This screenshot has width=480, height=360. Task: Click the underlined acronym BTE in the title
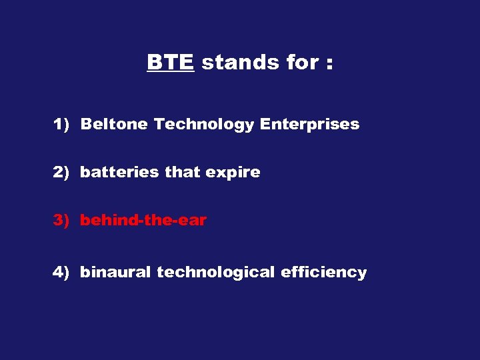(x=170, y=63)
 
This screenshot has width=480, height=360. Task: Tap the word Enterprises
(x=309, y=125)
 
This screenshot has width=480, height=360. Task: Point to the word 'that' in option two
(x=182, y=172)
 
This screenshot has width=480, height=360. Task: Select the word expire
(x=233, y=173)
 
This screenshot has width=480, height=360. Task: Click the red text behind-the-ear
(x=143, y=220)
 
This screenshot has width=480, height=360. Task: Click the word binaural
(x=115, y=272)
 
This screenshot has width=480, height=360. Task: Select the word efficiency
(x=323, y=272)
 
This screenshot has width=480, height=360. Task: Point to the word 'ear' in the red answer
(x=193, y=221)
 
